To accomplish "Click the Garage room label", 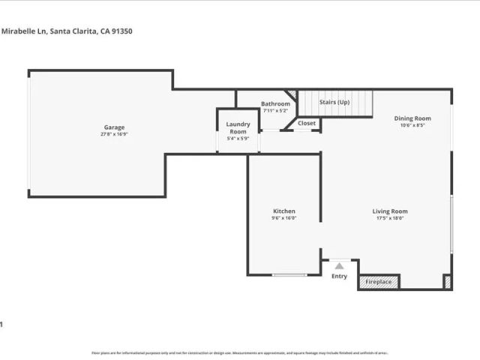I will (114, 127).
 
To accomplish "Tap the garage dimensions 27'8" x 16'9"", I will (114, 134).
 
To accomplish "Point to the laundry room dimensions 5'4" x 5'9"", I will (238, 138).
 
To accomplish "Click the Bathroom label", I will (275, 103).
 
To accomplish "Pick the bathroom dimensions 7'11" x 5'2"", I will (275, 110).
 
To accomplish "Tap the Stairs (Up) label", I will (334, 102).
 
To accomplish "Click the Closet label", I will (307, 123).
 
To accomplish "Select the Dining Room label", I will (412, 118).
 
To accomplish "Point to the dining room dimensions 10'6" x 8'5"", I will (412, 125).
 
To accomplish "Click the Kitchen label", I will (284, 211).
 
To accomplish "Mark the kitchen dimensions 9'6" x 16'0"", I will (284, 218).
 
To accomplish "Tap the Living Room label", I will (390, 211).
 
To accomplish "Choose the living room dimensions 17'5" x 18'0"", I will (390, 218).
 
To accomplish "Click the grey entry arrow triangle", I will (340, 265).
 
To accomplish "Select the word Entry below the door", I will (340, 276).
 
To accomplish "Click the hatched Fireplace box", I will (379, 282).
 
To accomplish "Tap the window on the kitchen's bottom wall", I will (289, 275).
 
